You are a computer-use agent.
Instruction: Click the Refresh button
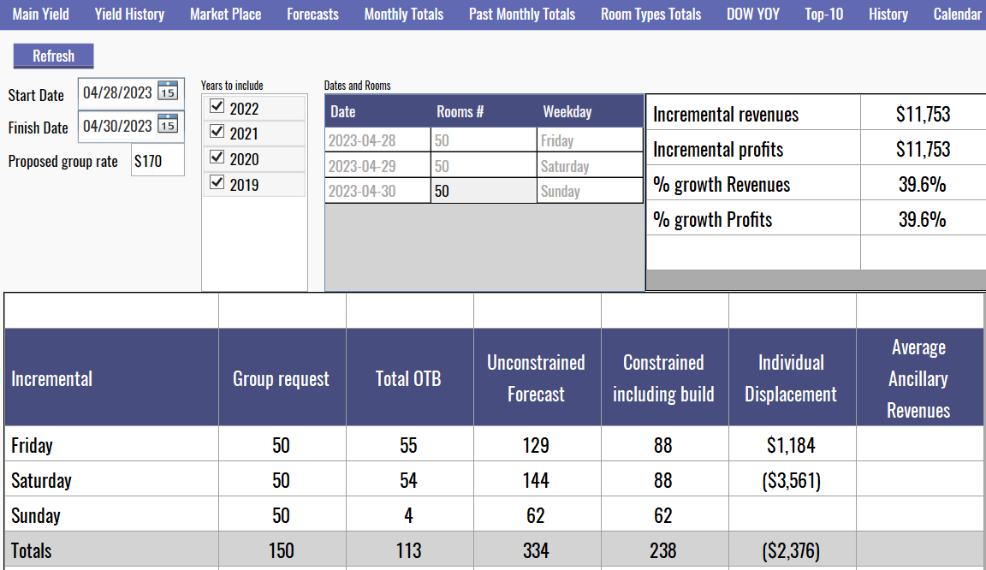(53, 56)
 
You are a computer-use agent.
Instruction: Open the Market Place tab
(226, 15)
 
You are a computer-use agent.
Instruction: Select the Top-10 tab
(823, 15)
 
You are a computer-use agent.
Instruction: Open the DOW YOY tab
(752, 15)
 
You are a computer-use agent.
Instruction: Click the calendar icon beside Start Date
(168, 92)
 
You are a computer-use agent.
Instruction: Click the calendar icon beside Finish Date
(168, 126)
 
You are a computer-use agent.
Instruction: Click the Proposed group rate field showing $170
(157, 161)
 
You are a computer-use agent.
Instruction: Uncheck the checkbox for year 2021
(217, 133)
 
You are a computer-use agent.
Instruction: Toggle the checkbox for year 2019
(217, 183)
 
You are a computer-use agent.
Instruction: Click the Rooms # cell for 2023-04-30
(484, 192)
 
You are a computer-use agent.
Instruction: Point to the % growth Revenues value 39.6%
(922, 185)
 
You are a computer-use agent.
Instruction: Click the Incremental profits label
(718, 150)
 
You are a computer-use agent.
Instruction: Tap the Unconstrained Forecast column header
(536, 378)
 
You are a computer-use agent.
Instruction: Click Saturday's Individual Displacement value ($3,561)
(791, 481)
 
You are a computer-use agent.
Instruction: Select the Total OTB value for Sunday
(408, 516)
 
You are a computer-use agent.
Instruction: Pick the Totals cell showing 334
(536, 551)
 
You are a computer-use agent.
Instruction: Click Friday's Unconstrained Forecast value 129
(536, 446)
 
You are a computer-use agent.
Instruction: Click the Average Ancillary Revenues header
(918, 378)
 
